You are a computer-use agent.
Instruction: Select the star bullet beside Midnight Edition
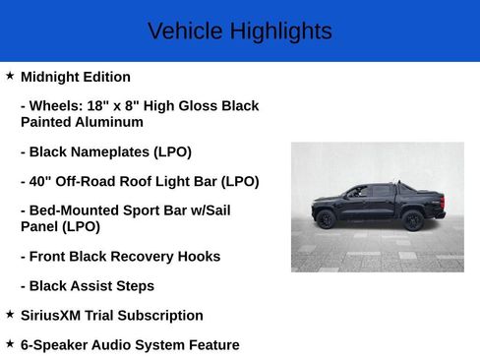(10, 75)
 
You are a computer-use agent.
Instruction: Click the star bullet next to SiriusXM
(10, 314)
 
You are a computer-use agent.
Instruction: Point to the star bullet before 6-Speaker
(10, 343)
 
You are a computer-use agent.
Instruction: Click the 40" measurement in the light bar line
(40, 181)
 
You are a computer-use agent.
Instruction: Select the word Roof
(154, 181)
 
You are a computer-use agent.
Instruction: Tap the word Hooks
(194, 256)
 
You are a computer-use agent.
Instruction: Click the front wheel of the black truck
(326, 219)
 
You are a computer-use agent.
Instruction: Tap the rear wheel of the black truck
(413, 220)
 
